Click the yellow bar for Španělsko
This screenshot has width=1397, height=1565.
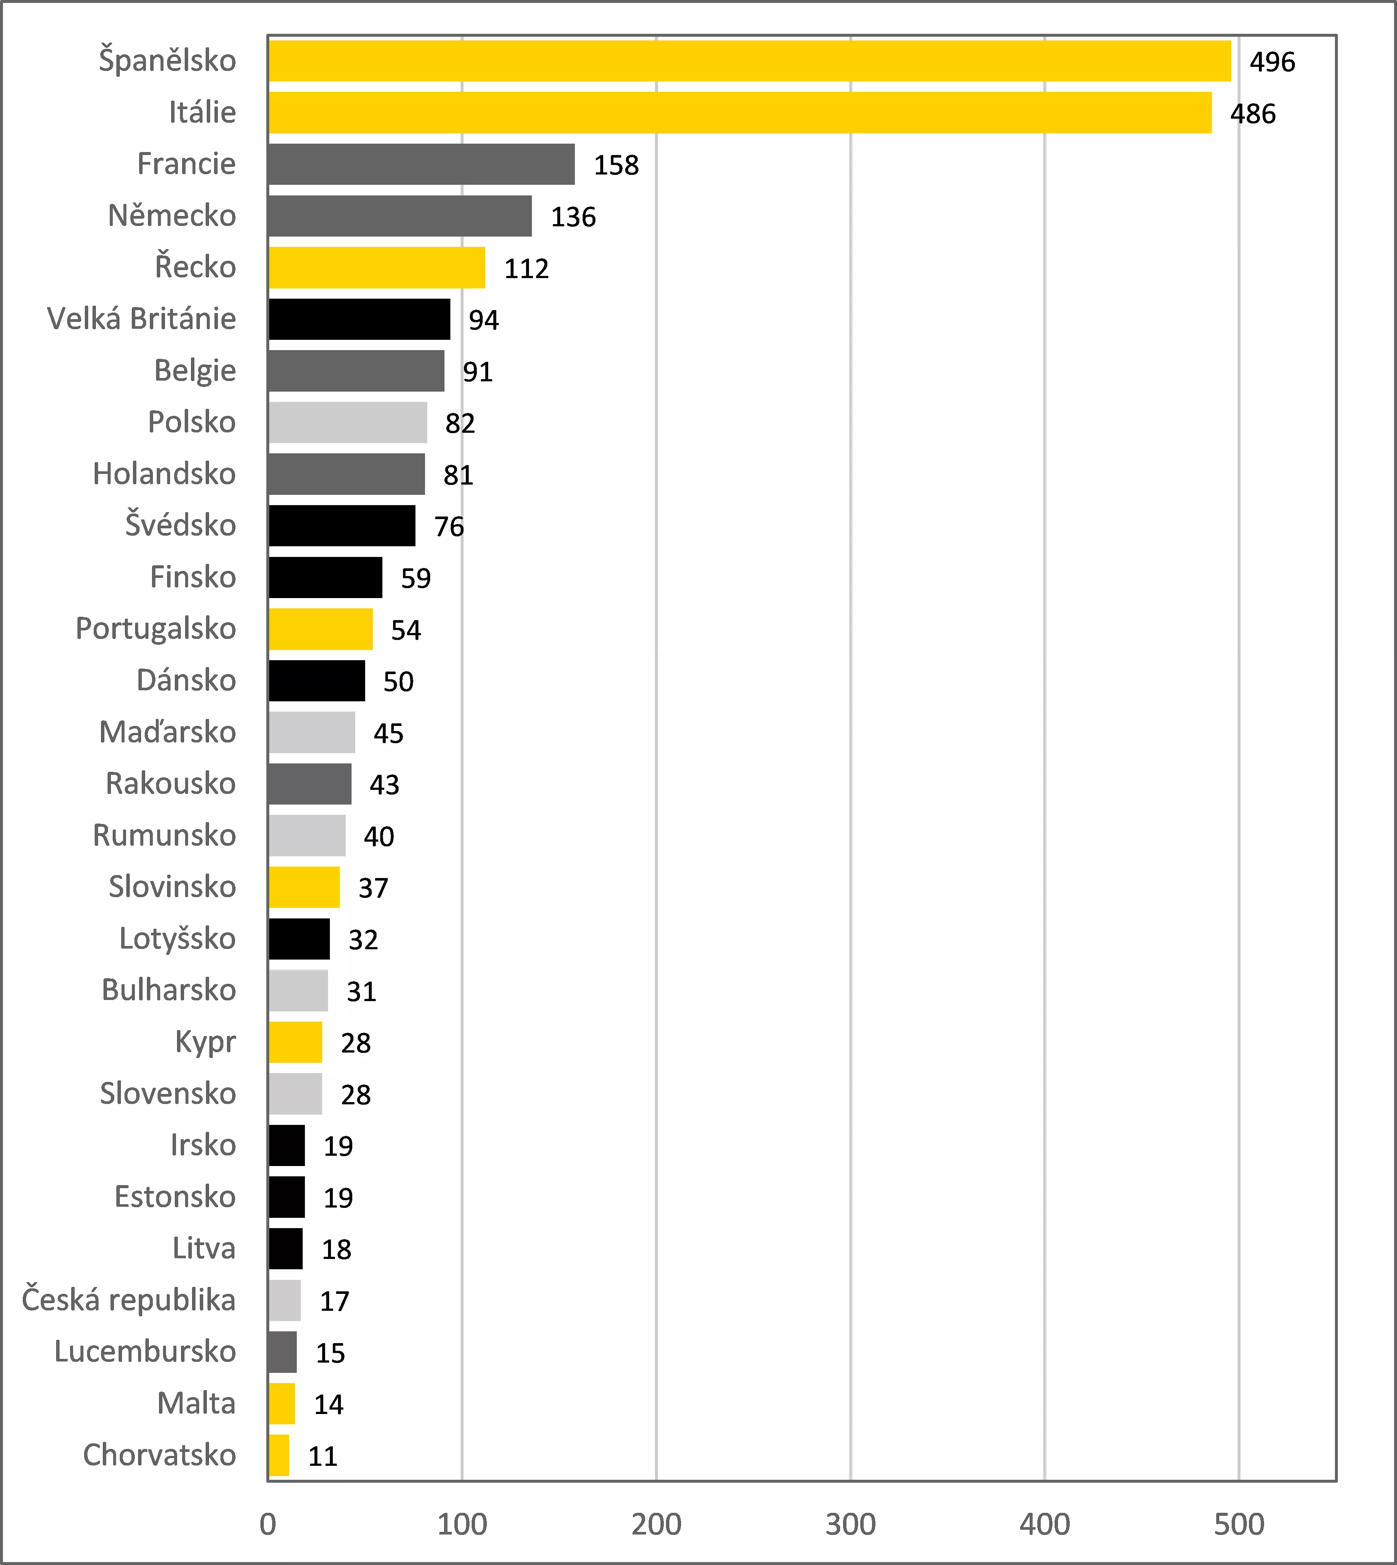[749, 61]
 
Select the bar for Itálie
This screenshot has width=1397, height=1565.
[740, 113]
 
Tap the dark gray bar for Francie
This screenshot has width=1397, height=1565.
[421, 164]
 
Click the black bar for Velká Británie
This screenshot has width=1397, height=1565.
[359, 319]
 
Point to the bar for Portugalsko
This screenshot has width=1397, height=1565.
[321, 629]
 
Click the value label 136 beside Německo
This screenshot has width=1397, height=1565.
[573, 217]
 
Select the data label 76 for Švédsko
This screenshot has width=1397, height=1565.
[449, 526]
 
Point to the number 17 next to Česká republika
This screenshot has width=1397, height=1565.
[335, 1301]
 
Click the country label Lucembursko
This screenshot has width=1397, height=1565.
[145, 1352]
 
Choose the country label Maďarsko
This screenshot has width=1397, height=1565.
[168, 732]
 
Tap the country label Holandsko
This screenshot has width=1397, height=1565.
[164, 474]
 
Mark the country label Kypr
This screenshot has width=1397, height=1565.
[205, 1042]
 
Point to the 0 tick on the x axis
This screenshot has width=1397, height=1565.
[268, 1524]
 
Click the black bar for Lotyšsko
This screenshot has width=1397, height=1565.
[299, 939]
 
